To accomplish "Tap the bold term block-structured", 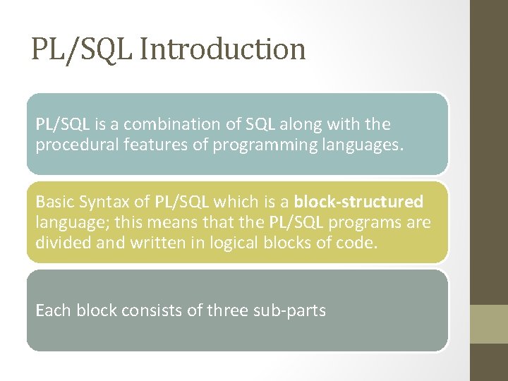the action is click(x=358, y=202).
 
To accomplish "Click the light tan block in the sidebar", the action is click(x=489, y=324).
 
